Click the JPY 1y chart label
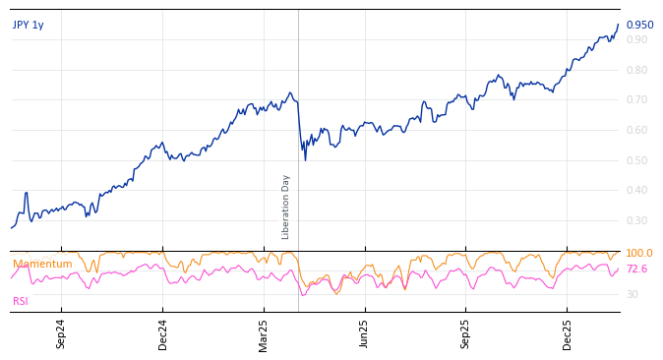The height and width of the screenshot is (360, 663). (x=29, y=26)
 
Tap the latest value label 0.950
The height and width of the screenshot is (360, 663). (x=639, y=26)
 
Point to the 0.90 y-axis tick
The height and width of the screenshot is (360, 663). (x=636, y=40)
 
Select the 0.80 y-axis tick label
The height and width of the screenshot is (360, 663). (x=636, y=71)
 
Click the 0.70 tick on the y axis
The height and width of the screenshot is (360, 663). (x=636, y=100)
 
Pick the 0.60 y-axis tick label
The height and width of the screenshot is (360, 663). (x=636, y=131)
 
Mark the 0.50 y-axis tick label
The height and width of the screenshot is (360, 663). (x=636, y=161)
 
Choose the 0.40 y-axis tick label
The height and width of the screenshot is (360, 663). (x=636, y=191)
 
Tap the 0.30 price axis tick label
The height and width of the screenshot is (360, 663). (x=636, y=221)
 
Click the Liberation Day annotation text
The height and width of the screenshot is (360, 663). (x=286, y=207)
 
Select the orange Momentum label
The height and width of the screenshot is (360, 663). (x=42, y=265)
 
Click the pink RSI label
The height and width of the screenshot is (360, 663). (x=21, y=302)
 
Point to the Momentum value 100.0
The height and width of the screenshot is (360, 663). (x=639, y=254)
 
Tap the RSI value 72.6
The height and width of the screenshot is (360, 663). (x=636, y=270)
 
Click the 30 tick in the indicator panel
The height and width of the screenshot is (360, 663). (x=632, y=295)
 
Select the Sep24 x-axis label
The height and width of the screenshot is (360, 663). (x=61, y=333)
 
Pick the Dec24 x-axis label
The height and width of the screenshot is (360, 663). (x=163, y=333)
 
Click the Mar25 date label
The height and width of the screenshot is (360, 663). (x=264, y=333)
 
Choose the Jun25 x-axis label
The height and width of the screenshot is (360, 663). (x=365, y=333)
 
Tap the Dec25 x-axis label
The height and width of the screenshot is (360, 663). (x=568, y=333)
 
